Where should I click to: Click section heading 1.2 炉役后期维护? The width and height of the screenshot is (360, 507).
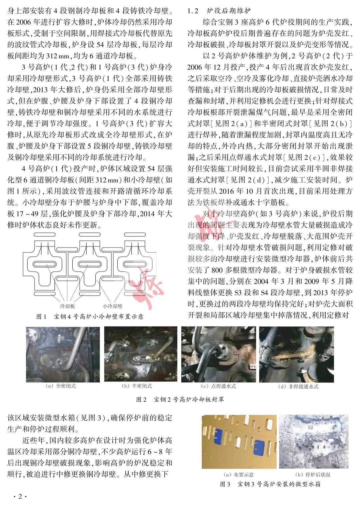[219, 11]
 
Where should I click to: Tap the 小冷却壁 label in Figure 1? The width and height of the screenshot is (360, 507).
[112, 306]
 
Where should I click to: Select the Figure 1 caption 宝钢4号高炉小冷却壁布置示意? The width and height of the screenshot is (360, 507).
[90, 316]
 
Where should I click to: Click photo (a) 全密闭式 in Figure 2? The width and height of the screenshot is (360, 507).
[63, 354]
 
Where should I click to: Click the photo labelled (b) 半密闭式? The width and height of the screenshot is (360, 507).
[141, 354]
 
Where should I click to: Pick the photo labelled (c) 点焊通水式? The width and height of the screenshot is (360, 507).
[219, 354]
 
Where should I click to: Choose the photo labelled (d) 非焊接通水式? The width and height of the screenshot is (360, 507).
[296, 354]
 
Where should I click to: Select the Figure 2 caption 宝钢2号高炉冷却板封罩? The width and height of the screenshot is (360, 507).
[180, 399]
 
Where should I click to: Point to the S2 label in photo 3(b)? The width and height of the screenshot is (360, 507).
[310, 427]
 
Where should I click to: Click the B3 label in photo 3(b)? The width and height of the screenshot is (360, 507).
[310, 461]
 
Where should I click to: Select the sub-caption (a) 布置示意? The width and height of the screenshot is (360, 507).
[238, 475]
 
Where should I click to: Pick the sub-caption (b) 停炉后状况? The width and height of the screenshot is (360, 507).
[313, 475]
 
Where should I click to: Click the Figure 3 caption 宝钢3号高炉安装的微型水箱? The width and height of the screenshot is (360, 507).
[270, 484]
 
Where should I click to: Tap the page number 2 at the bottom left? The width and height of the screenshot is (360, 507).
[20, 497]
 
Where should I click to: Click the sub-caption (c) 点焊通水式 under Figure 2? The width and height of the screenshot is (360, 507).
[218, 386]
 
